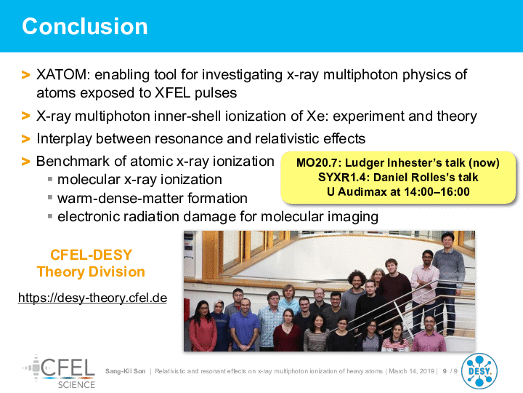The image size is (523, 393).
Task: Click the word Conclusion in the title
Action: click(85, 26)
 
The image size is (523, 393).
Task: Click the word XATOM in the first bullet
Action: click(61, 75)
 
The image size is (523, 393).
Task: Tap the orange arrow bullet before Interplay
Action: click(25, 139)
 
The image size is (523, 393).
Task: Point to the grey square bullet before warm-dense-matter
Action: click(50, 197)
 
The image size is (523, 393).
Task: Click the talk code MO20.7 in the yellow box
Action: click(317, 163)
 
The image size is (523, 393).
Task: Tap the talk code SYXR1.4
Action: click(341, 177)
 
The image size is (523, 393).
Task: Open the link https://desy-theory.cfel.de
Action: click(92, 298)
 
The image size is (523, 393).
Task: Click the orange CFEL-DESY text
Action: click(91, 255)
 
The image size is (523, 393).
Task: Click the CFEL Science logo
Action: click(59, 372)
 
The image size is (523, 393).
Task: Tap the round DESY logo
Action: click(479, 371)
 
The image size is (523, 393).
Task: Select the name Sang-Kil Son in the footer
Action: click(126, 371)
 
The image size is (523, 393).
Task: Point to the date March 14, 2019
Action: click(411, 371)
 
